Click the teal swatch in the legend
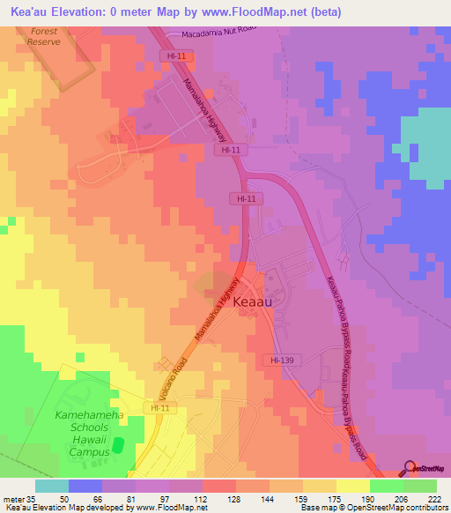pos(52,486)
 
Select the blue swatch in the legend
pos(85,486)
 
